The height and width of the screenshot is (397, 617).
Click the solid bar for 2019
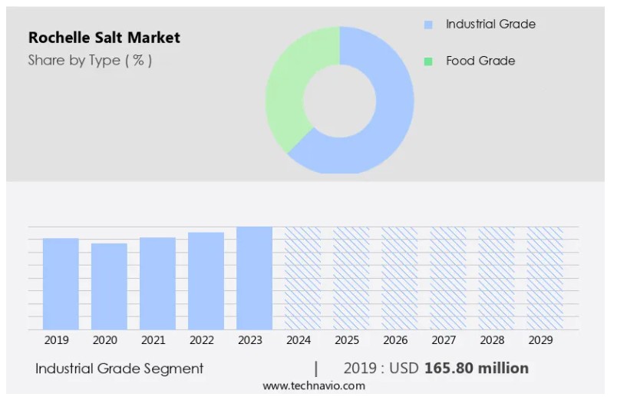pyautogui.click(x=61, y=284)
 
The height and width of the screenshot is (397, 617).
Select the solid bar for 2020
pyautogui.click(x=109, y=286)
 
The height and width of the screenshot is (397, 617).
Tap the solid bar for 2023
pyautogui.click(x=254, y=278)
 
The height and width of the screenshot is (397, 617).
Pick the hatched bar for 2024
pyautogui.click(x=303, y=278)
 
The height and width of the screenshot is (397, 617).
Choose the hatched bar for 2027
pyautogui.click(x=448, y=278)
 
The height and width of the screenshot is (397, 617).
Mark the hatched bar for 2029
pyautogui.click(x=545, y=278)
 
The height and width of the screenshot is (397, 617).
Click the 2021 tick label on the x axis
pyautogui.click(x=153, y=340)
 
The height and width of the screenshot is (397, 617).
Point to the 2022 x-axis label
pyautogui.click(x=201, y=340)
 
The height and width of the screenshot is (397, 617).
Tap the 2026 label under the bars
pyautogui.click(x=395, y=340)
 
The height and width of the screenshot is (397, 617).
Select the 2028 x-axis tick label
pyautogui.click(x=492, y=340)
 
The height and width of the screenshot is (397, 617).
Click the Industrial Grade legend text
pyautogui.click(x=490, y=25)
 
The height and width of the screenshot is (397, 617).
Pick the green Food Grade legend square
pyautogui.click(x=428, y=61)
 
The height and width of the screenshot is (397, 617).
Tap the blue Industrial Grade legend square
pyautogui.click(x=428, y=25)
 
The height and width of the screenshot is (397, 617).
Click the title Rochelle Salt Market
pyautogui.click(x=104, y=38)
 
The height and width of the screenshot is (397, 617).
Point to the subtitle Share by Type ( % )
pyautogui.click(x=90, y=61)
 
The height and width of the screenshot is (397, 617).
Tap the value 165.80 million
pyautogui.click(x=477, y=369)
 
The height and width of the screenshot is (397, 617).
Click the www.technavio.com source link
pyautogui.click(x=314, y=385)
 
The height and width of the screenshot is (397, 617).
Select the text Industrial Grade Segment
pyautogui.click(x=120, y=369)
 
